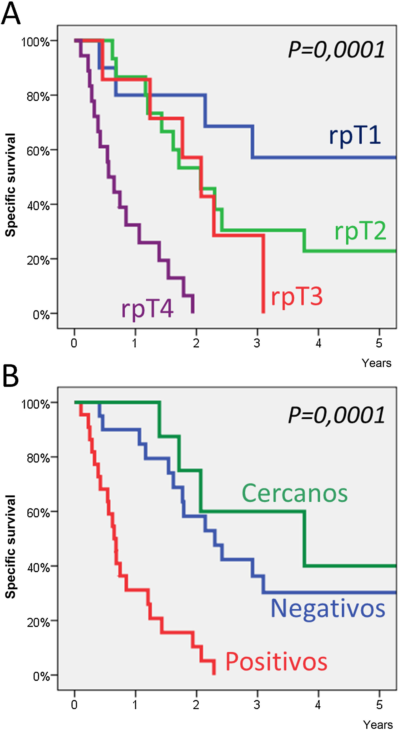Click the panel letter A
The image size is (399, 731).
pos(10,14)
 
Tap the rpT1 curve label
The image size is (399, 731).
pos(354,136)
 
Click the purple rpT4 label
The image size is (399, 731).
pos(147,309)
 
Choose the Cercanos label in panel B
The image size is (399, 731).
pos(294,493)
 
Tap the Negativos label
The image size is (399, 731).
pos(328,608)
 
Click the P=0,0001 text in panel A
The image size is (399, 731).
pos(336,50)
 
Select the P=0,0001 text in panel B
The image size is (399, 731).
pos(336,415)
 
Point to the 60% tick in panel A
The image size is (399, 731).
pos(38,151)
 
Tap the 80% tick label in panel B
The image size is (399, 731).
pos(38,458)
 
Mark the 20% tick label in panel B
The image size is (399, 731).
pos(38,622)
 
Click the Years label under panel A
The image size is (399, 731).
pos(376,363)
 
